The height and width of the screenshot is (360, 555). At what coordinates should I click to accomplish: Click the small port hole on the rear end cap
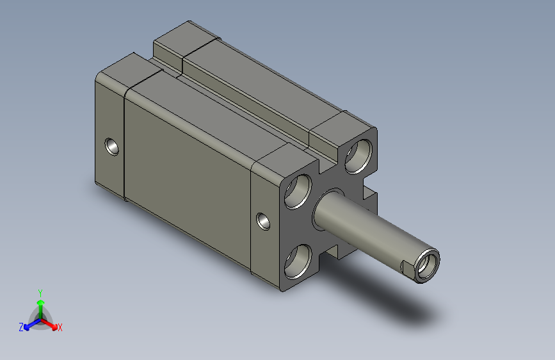click(112, 147)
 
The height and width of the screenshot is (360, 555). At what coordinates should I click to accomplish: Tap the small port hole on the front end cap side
click(262, 221)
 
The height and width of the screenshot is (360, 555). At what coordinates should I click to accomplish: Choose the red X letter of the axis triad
click(60, 328)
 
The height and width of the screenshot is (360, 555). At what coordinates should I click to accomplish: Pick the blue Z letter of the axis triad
click(21, 327)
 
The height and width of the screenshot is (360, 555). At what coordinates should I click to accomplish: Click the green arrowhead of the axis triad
click(40, 302)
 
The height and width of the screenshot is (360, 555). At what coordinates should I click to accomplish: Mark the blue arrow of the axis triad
click(29, 325)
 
